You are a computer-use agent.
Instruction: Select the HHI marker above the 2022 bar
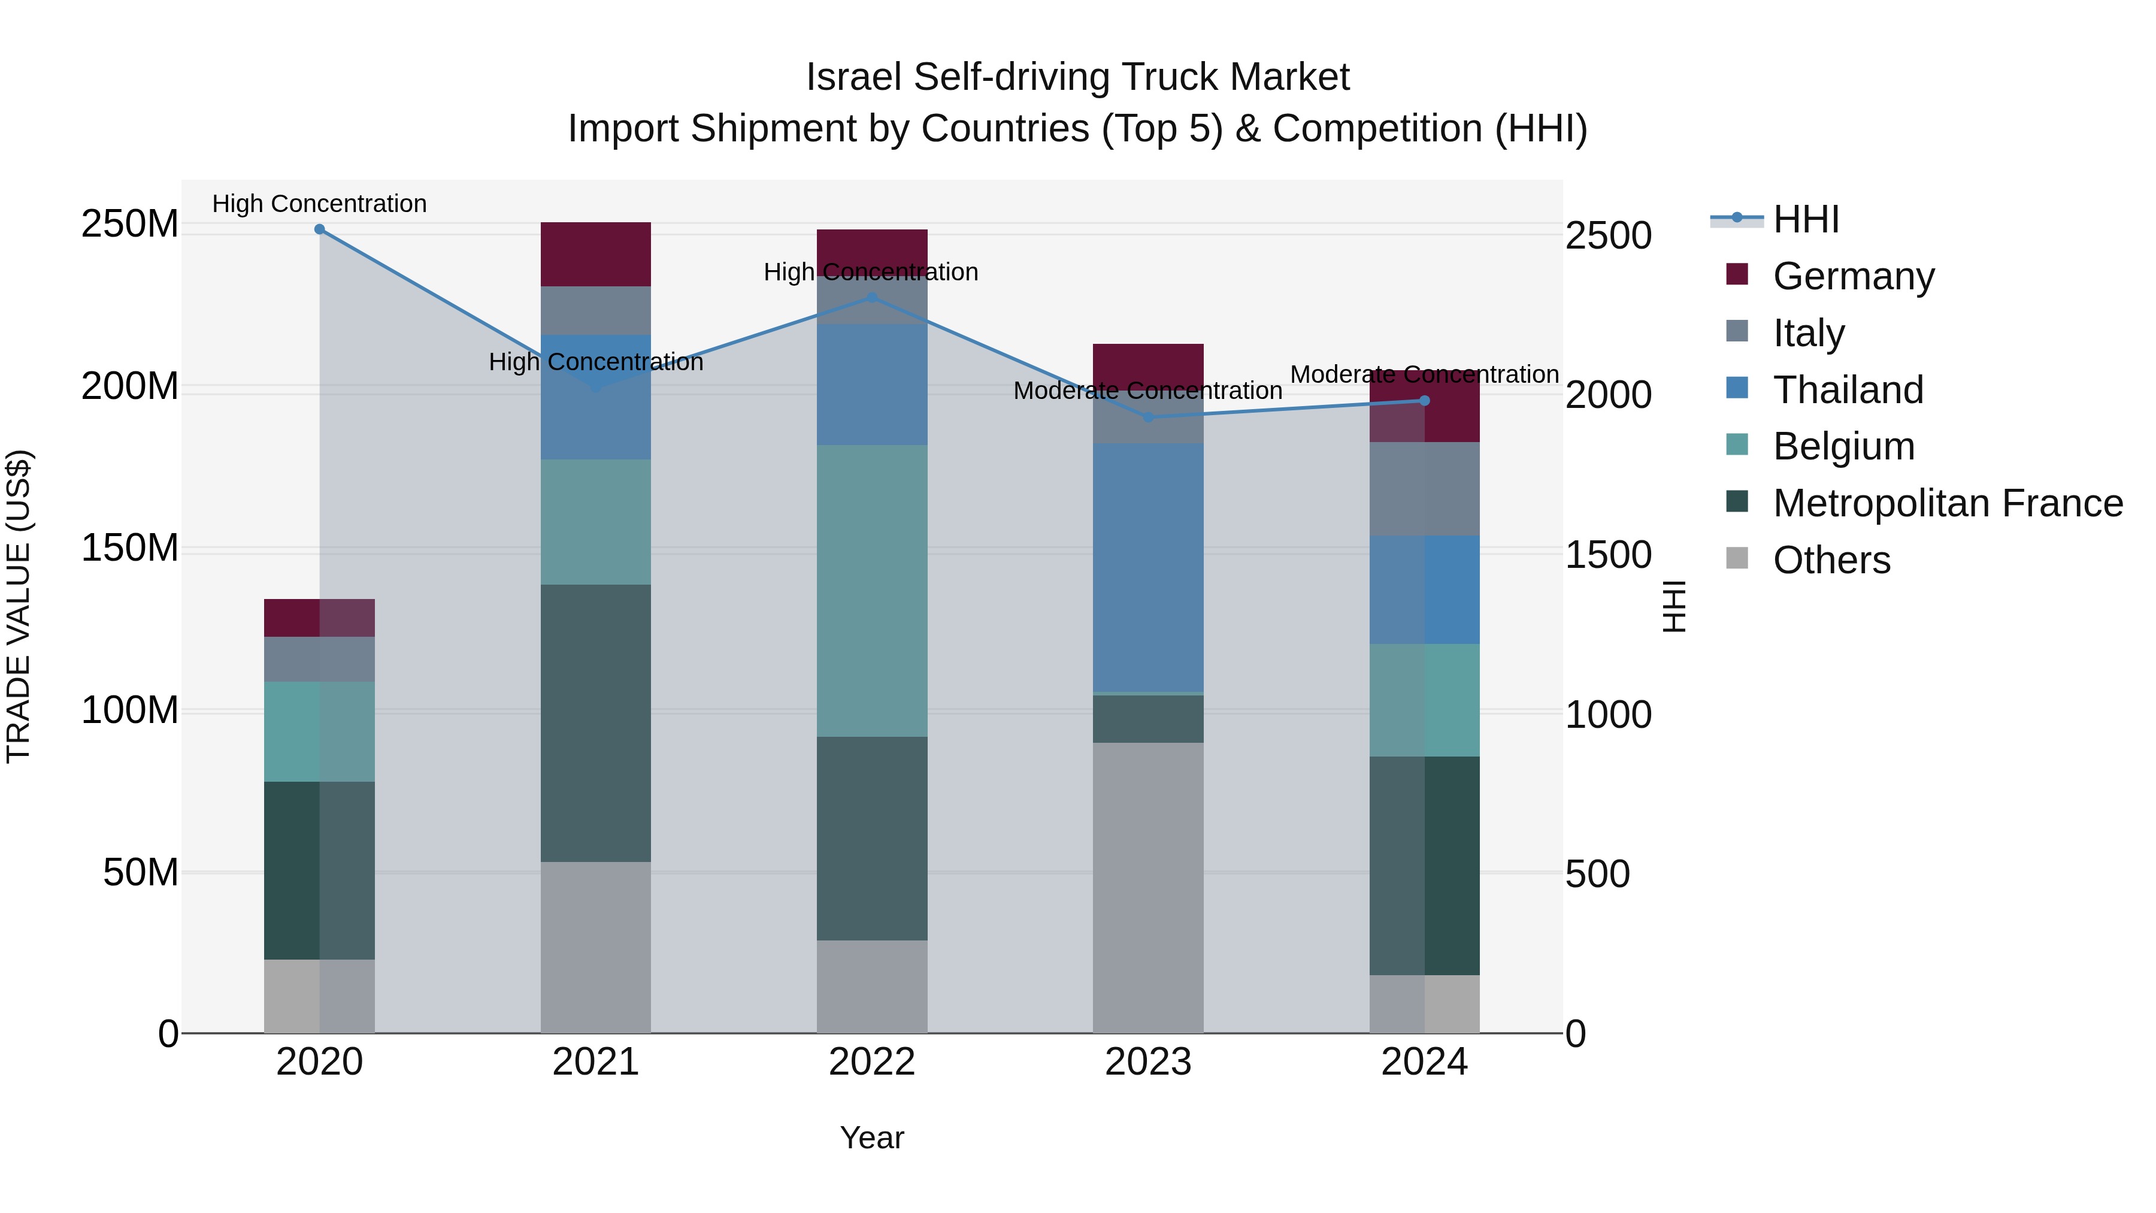tap(871, 297)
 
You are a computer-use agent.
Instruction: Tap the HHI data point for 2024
tap(1425, 401)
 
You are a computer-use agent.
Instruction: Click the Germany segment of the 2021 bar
tap(595, 255)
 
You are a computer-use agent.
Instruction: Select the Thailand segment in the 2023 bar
tap(1147, 568)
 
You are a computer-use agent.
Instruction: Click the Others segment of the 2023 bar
tap(1147, 887)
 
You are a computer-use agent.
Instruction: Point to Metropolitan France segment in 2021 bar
tap(595, 722)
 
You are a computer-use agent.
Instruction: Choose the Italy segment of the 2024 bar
tap(1425, 489)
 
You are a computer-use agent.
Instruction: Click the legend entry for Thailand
tap(1847, 390)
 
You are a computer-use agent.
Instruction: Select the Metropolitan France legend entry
tap(1947, 503)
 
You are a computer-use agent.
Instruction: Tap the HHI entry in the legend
tap(1805, 219)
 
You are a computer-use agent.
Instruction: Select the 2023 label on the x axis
tap(1147, 1062)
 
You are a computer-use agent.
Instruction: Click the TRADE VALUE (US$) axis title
tap(19, 606)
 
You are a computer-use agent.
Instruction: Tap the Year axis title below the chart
tap(871, 1138)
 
